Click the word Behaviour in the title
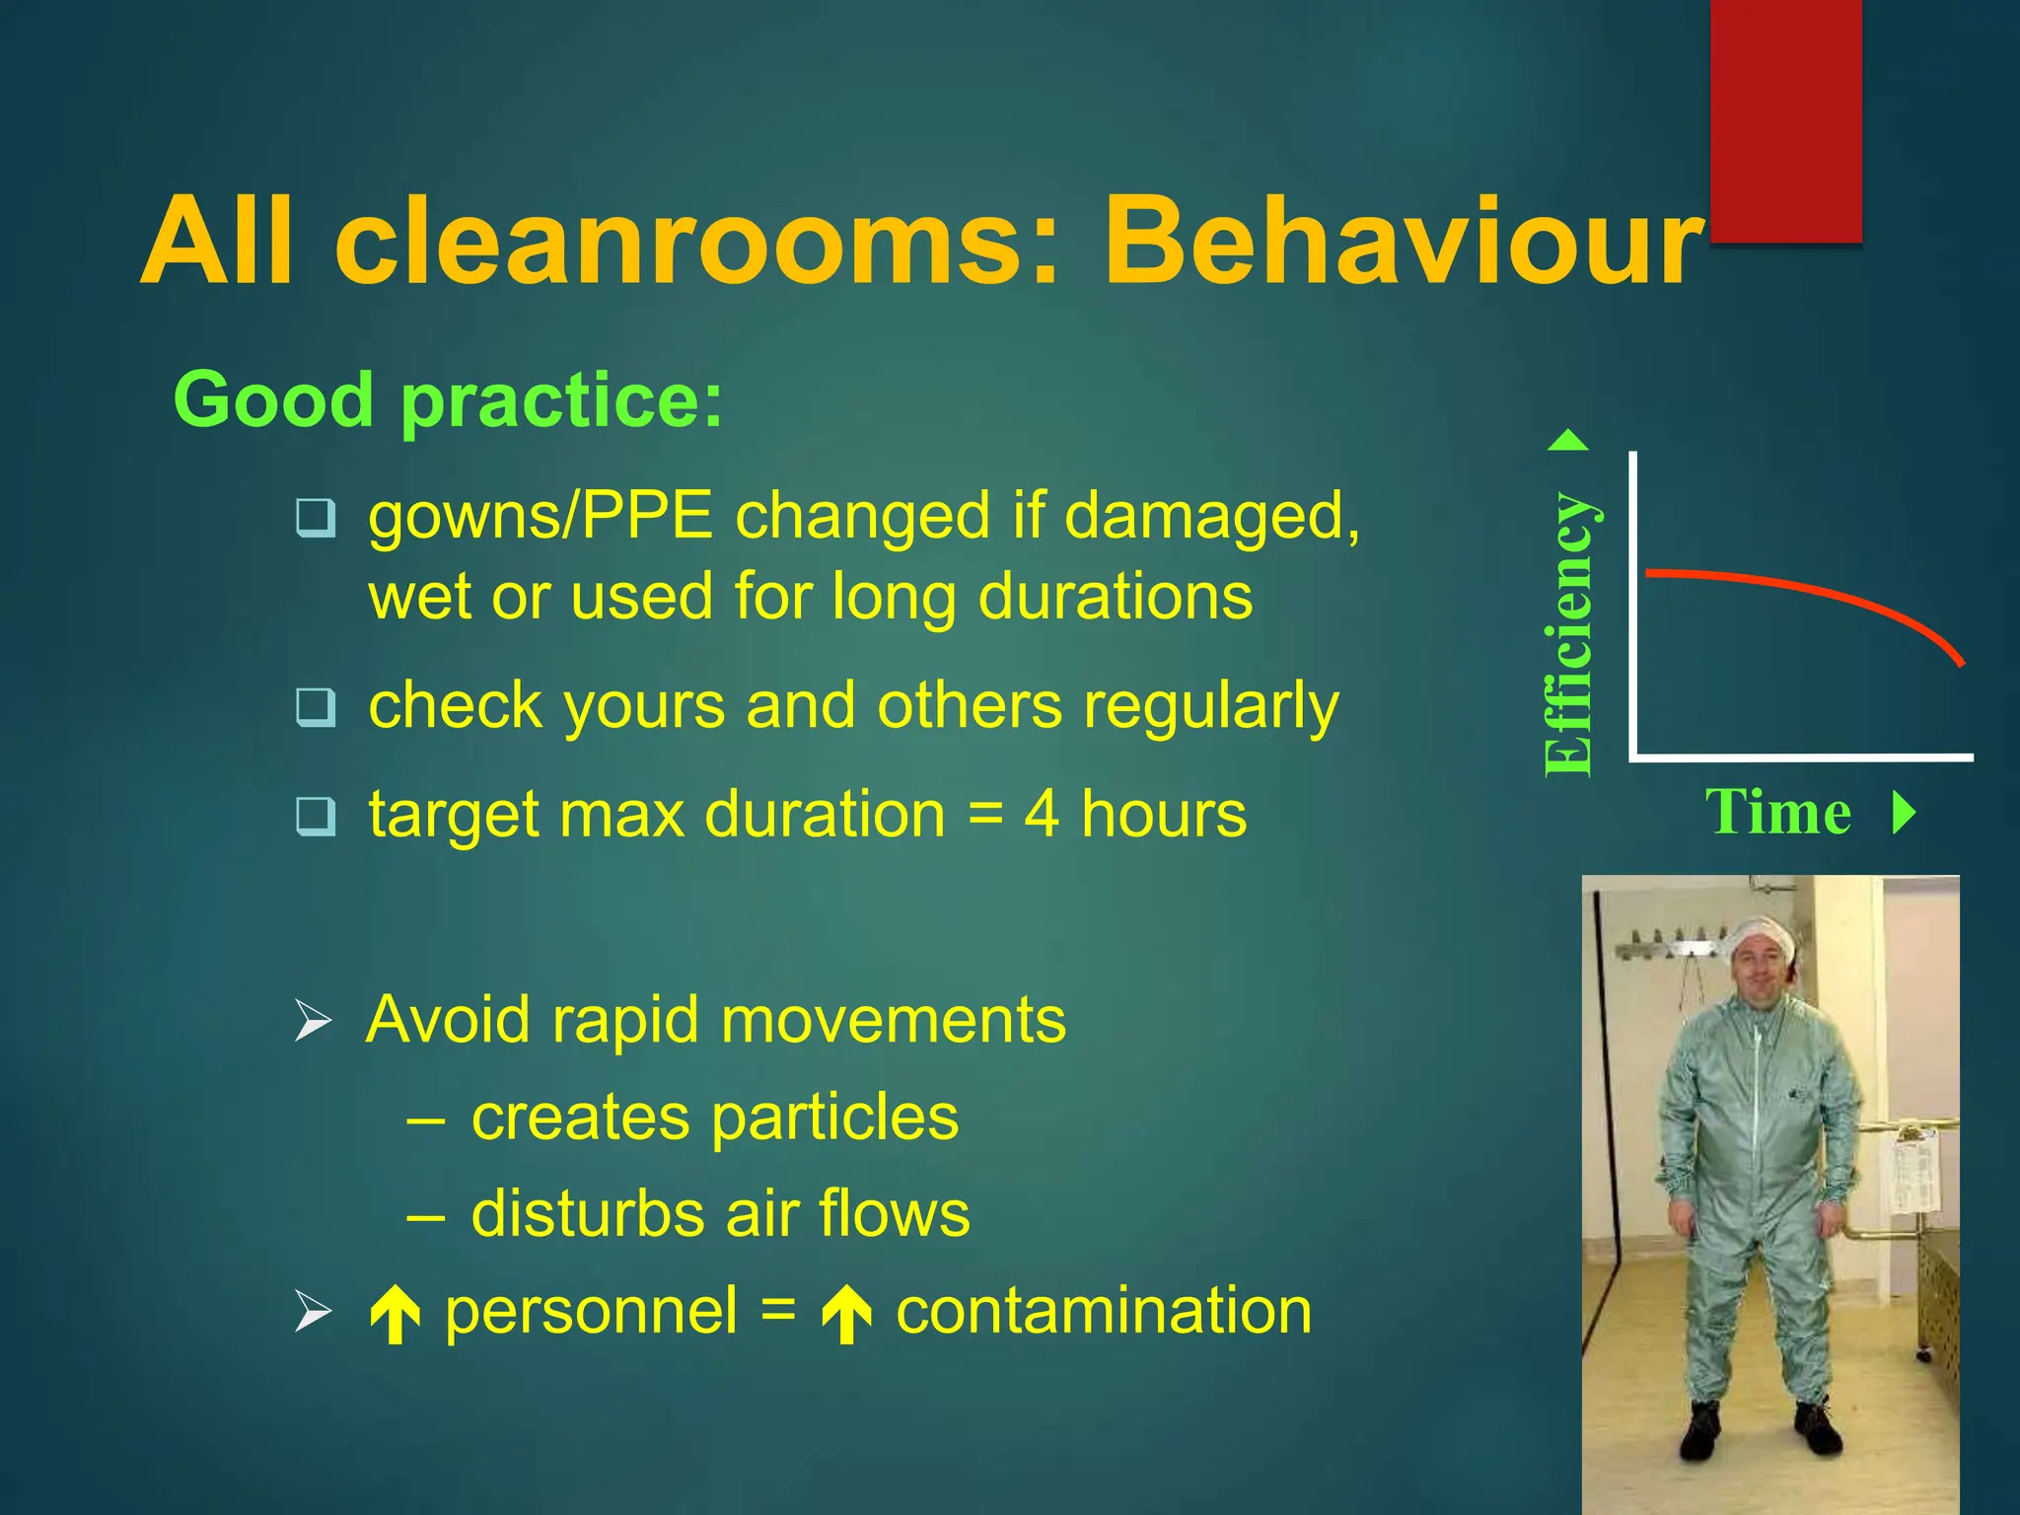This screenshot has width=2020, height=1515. [x=1401, y=242]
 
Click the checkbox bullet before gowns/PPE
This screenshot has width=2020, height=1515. [x=316, y=517]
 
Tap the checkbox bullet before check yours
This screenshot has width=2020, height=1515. [x=316, y=706]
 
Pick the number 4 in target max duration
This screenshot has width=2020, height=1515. [x=1042, y=815]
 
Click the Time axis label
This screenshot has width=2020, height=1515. [x=1778, y=813]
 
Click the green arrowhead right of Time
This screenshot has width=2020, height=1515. [x=1905, y=813]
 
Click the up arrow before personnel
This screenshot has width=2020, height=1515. [x=396, y=1315]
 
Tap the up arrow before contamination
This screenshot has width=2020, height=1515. [x=846, y=1315]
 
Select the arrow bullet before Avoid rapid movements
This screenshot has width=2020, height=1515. [x=313, y=1021]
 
